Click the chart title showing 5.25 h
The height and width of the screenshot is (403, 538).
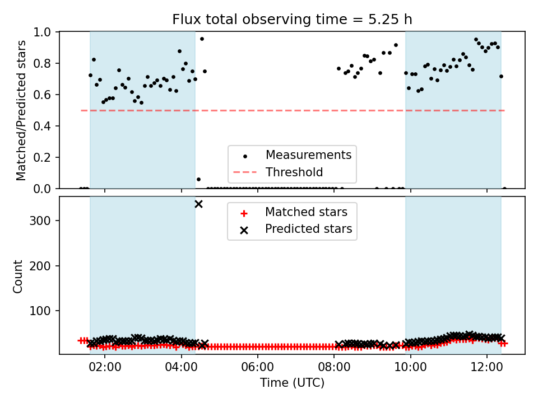(292, 20)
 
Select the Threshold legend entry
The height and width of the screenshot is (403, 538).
(279, 172)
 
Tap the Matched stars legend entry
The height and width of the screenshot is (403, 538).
(294, 213)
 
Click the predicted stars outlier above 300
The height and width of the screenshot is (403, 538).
(198, 204)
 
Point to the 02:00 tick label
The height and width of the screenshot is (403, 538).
(105, 367)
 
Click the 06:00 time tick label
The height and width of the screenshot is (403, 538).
(257, 367)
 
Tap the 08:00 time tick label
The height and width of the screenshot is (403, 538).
(334, 367)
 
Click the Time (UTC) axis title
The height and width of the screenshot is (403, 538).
(292, 383)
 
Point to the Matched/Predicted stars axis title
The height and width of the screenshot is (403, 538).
(21, 110)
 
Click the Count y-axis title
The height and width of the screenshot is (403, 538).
(17, 277)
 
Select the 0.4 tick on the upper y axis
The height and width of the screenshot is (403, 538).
(42, 126)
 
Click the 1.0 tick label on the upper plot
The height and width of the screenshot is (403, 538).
(42, 32)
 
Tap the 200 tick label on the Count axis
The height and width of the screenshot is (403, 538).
(40, 266)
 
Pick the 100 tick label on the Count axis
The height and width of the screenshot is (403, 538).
(40, 311)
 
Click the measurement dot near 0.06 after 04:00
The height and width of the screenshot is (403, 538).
(198, 179)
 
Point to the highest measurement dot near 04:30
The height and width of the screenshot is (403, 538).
(202, 39)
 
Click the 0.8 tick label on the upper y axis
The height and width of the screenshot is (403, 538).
(42, 63)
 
